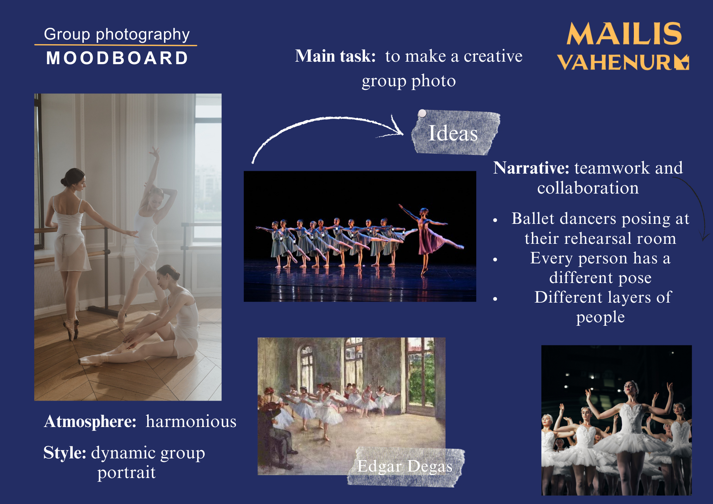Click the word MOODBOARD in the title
117,58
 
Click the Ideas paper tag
455,132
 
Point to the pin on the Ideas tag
422,113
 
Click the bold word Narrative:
531,168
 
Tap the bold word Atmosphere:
90,422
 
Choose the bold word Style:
65,453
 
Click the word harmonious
191,422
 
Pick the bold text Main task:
335,56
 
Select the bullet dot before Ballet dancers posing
495,221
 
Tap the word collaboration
588,188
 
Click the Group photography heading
117,35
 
